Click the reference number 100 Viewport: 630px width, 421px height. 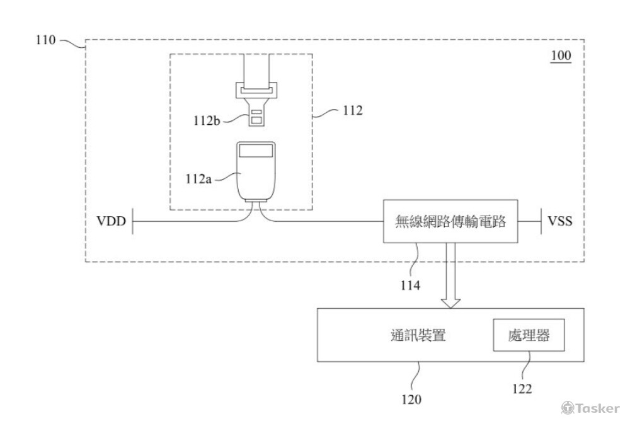(560, 56)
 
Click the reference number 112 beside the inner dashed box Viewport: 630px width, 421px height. (352, 111)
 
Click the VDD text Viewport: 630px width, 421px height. (112, 222)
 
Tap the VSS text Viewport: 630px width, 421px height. (559, 222)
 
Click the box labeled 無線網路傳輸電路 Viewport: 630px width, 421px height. (450, 222)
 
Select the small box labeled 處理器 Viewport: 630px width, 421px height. (528, 336)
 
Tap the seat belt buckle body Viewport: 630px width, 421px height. (256, 173)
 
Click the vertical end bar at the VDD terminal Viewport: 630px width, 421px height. (132, 222)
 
